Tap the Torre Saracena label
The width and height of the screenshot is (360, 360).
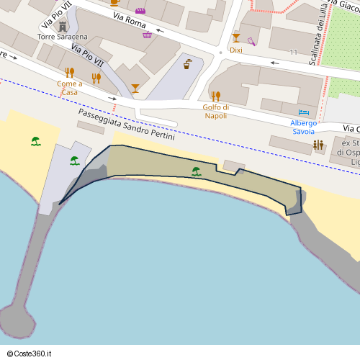point(63,36)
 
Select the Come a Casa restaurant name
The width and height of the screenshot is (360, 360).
point(70,88)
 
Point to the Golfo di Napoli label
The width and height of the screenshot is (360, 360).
point(215,111)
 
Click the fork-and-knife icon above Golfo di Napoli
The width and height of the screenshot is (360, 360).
point(215,96)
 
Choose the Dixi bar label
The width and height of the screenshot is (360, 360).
point(236,50)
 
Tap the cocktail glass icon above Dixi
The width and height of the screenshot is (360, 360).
point(236,37)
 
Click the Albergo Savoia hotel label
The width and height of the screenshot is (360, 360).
point(304,127)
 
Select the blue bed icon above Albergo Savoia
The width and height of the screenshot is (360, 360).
point(304,113)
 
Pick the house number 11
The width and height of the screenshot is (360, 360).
point(294,53)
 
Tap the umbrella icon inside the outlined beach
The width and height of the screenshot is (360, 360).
point(197,171)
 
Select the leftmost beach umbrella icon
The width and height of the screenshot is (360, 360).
point(36,141)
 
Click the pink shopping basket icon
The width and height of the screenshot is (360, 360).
point(148,35)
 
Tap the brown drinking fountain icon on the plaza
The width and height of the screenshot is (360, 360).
point(188,63)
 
